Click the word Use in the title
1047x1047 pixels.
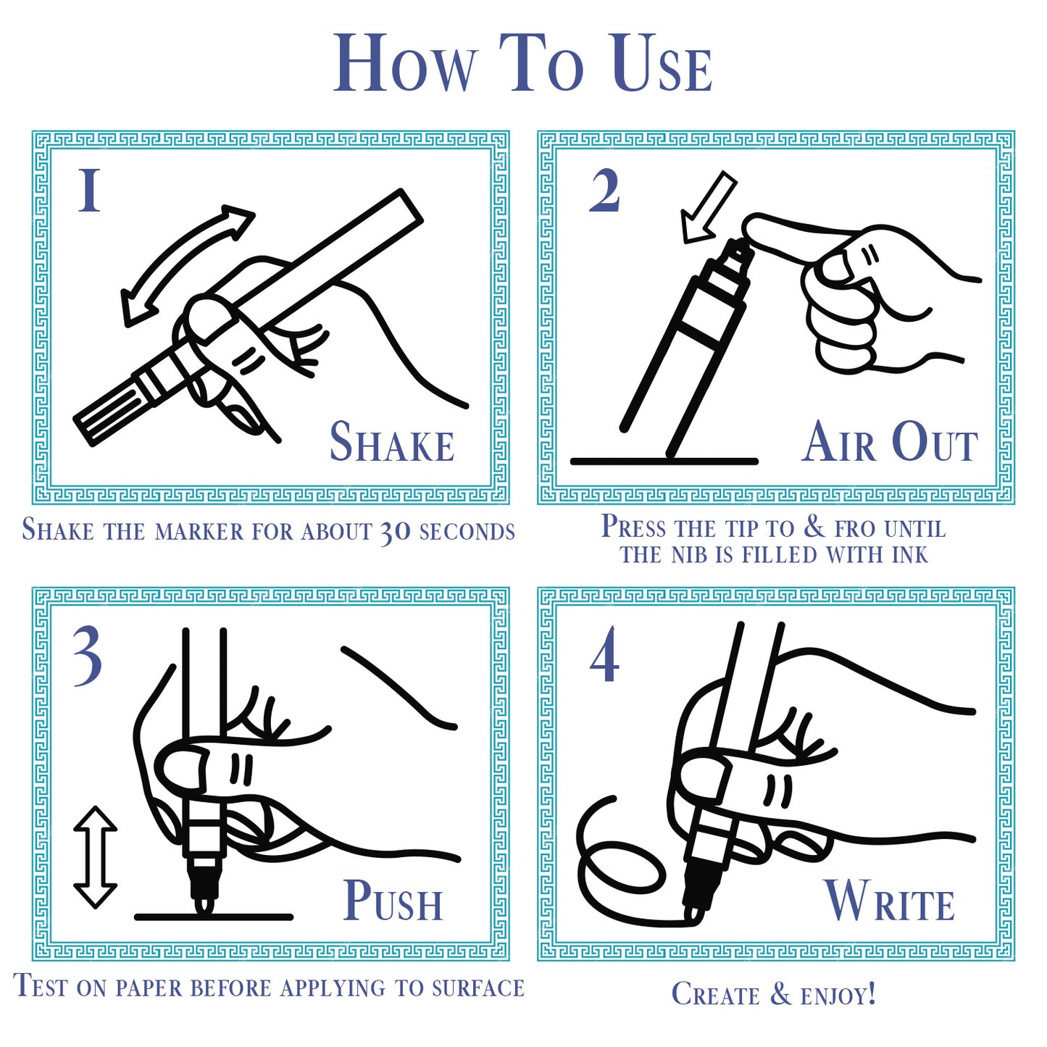tap(662, 64)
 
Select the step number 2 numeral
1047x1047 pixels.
tap(604, 190)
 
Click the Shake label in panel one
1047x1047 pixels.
tap(392, 442)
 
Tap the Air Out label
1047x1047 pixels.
tap(890, 442)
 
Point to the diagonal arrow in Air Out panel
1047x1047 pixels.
tap(707, 207)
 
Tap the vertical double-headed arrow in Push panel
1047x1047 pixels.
tap(95, 857)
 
